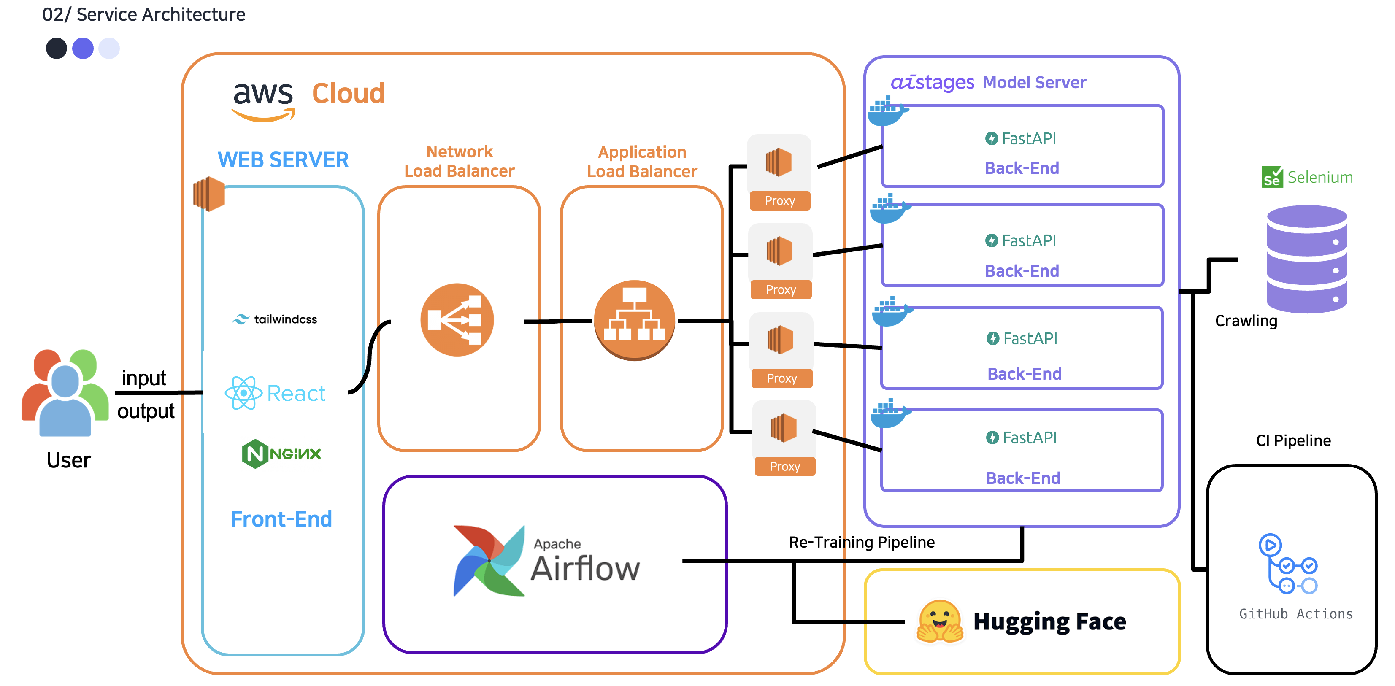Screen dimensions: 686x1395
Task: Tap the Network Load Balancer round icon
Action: tap(457, 320)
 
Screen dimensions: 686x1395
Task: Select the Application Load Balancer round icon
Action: tap(634, 320)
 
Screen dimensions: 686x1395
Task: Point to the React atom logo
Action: tap(243, 393)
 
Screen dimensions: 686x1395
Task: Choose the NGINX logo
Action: tap(281, 454)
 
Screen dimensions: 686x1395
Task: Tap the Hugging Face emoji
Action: tap(940, 621)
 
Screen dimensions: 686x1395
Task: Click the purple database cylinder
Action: tap(1306, 259)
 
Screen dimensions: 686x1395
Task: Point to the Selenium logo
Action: tap(1307, 177)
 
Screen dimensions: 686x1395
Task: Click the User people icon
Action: tap(65, 392)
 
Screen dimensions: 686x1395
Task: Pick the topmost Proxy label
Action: tap(780, 201)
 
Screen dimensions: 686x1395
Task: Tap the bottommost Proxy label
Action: tap(785, 467)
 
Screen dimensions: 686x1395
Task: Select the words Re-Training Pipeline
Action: tap(861, 542)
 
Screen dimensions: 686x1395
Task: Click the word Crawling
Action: tap(1246, 321)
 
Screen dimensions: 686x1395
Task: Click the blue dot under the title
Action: tap(83, 48)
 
